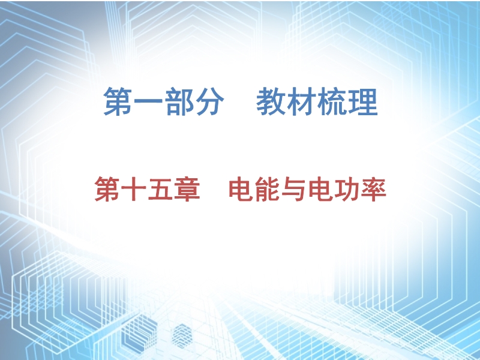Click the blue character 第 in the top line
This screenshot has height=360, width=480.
tap(118, 101)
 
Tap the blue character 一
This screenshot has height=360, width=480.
tap(148, 101)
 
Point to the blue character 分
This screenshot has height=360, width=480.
tap(209, 101)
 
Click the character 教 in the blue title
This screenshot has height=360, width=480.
tap(271, 101)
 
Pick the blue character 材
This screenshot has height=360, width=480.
tap(301, 101)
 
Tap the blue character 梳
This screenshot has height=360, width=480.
tap(332, 101)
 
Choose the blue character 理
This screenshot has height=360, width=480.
tap(363, 101)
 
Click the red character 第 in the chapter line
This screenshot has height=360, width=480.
tap(107, 189)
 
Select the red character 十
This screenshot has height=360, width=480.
tap(134, 189)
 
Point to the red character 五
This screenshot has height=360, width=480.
tap(160, 189)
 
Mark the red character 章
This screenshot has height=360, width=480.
tap(187, 189)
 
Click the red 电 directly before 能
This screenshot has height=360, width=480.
tap(241, 189)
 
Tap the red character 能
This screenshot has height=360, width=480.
tap(267, 189)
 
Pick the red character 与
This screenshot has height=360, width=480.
tap(294, 189)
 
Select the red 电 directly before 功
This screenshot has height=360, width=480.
tap(321, 189)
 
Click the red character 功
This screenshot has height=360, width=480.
tap(347, 189)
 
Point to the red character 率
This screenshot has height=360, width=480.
tap(374, 189)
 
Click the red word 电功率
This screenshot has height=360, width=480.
tap(347, 189)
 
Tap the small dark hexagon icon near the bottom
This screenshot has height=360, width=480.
tap(182, 336)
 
